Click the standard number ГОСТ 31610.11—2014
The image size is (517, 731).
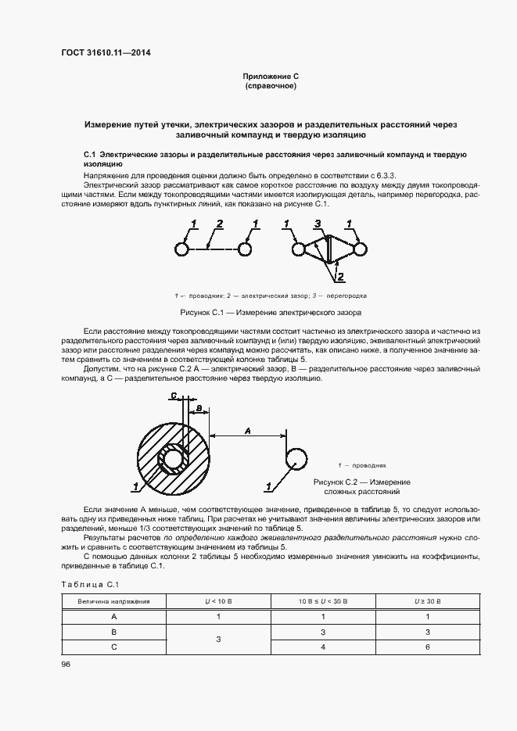106,53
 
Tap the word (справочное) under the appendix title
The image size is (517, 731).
271,85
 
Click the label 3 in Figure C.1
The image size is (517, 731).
317,224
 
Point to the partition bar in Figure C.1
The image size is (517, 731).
329,249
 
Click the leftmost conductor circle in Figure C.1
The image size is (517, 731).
181,249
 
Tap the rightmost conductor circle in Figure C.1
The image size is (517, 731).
359,249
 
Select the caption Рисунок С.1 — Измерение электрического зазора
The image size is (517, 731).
271,312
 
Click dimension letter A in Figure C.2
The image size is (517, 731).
247,429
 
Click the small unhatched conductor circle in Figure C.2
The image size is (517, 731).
296,457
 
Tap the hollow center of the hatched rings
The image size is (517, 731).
172,457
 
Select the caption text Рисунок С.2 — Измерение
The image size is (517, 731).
361,482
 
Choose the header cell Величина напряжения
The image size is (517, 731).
113,601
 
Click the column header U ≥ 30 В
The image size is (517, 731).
428,601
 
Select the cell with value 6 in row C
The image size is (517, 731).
428,647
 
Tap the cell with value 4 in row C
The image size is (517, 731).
323,647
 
